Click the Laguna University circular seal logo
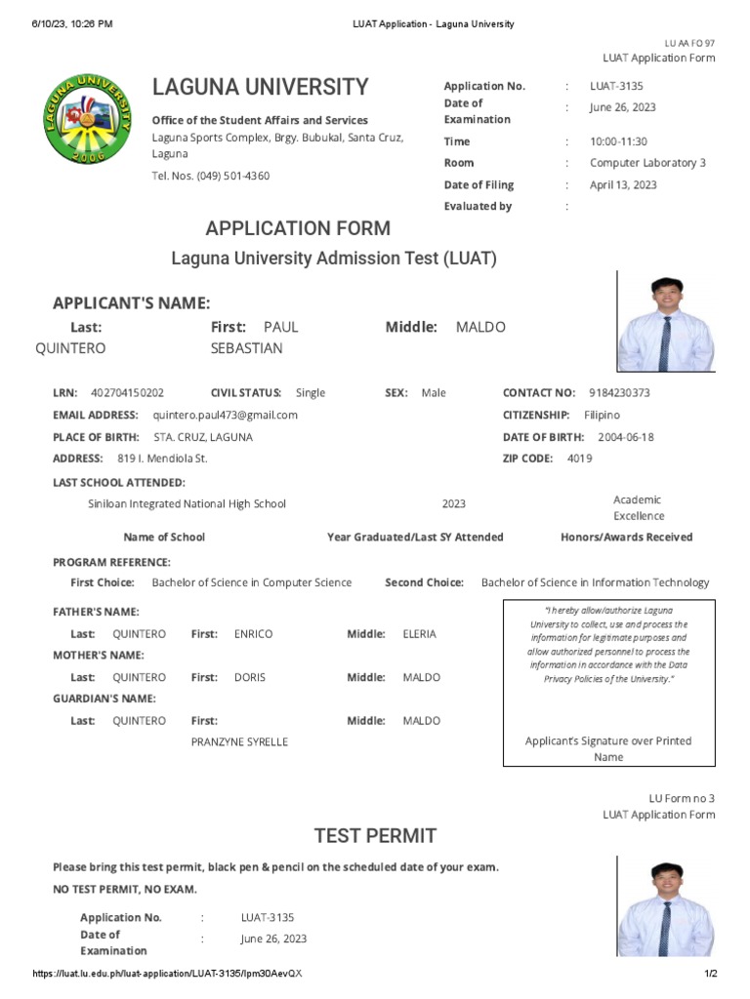89,121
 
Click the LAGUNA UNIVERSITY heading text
261,87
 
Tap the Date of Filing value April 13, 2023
623,184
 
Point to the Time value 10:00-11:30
618,141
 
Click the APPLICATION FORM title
298,228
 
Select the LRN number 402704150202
127,392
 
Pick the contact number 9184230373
620,392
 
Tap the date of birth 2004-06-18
626,437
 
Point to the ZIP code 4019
579,459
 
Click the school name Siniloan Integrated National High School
187,504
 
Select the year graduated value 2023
454,504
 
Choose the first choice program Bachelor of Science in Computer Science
252,582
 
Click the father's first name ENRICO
254,634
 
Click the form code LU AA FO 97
689,43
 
